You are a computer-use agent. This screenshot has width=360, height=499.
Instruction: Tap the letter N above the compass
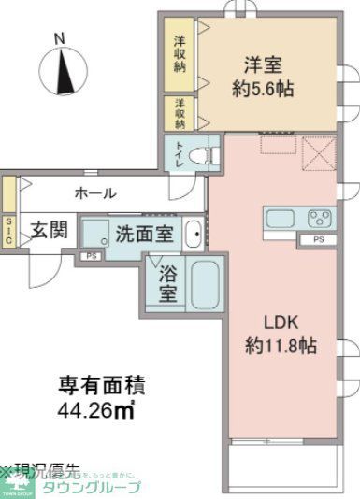[59, 38]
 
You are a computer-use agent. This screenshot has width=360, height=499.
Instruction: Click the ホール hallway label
[95, 194]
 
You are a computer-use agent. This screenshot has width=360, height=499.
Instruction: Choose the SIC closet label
[8, 230]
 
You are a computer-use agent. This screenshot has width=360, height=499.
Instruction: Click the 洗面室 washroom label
[143, 232]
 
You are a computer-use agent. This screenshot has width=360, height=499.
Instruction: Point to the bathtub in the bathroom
[204, 285]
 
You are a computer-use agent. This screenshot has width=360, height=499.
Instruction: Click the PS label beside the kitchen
[318, 241]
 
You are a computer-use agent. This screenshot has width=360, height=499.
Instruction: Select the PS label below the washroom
[92, 255]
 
